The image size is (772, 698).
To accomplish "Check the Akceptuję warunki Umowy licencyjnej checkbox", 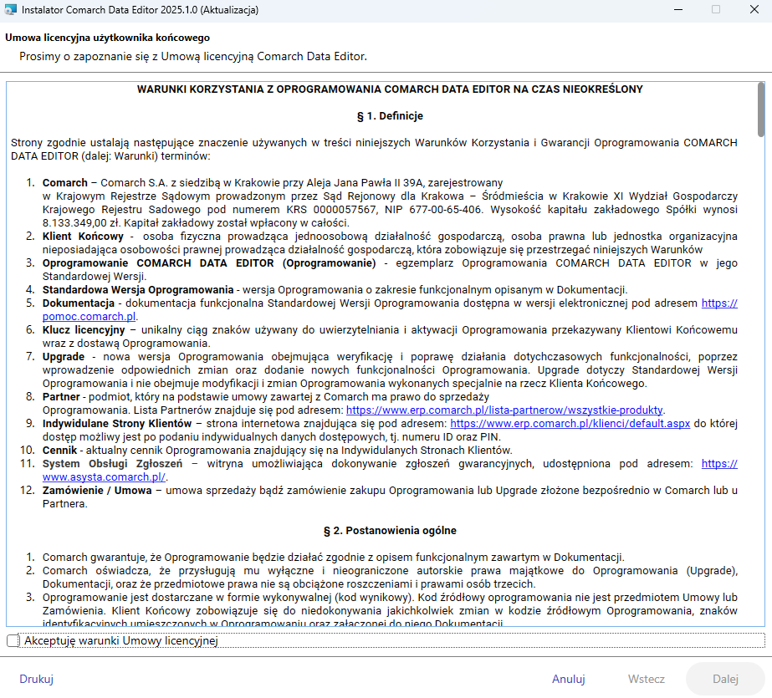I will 13,640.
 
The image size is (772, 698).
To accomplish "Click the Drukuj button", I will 37,679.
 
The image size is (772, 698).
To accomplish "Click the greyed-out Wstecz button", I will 647,679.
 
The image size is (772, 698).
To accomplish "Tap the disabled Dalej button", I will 725,679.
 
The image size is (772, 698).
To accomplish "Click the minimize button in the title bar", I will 675,10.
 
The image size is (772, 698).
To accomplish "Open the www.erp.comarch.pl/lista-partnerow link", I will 504,410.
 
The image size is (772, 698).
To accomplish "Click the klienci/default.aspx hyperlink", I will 570,424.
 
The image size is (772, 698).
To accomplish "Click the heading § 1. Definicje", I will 389,115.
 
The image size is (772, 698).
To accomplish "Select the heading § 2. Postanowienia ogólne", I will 389,530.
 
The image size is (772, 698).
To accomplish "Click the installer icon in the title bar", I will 10,10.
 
